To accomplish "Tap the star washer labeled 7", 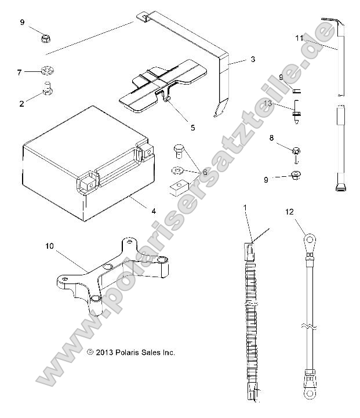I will (x=47, y=72).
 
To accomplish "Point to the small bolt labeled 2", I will (x=46, y=90).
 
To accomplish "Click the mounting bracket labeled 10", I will (x=110, y=272).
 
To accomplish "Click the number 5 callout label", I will (x=176, y=127).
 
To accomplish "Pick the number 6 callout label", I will (x=204, y=172).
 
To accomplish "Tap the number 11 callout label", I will (x=299, y=38).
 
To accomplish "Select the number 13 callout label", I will (x=283, y=103).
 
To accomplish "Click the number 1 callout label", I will (x=245, y=208).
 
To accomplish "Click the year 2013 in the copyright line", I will (x=106, y=352).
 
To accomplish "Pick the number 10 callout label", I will (x=50, y=246).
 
